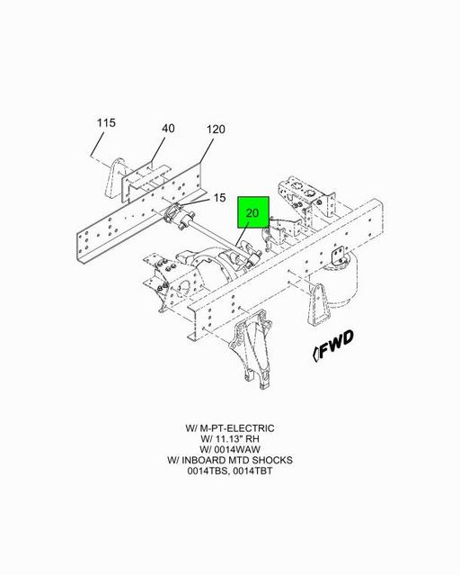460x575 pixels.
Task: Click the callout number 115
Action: tap(106, 122)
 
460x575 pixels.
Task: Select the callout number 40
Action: tap(168, 129)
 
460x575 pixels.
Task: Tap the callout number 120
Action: tap(216, 129)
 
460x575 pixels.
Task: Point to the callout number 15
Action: tap(219, 198)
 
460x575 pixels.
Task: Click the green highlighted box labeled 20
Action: tap(253, 212)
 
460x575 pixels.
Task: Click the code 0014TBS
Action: tap(208, 471)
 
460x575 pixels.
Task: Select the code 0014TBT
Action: tap(252, 471)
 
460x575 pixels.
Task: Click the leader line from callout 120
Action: tap(206, 151)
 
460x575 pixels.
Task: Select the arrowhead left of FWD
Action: tap(315, 354)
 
